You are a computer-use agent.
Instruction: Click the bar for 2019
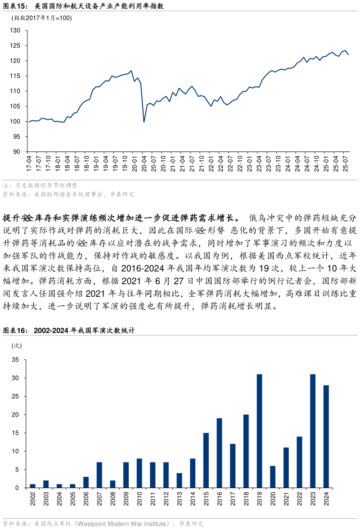(259, 431)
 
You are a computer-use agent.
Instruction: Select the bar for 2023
(313, 431)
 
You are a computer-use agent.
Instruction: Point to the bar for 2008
(112, 484)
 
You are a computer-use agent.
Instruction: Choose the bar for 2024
(326, 436)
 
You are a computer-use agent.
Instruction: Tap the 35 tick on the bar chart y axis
(15, 360)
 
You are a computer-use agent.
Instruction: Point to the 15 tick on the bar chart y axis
(15, 433)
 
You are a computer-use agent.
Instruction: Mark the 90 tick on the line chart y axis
(17, 152)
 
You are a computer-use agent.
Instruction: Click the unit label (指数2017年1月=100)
(41, 18)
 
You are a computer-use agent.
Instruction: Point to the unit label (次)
(17, 346)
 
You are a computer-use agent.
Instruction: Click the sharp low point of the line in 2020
(144, 122)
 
